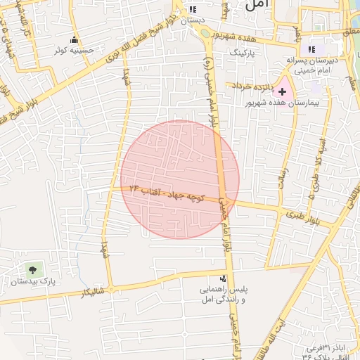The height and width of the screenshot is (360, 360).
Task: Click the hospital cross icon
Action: (x=283, y=91)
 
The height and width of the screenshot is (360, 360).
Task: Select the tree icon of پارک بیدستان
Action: (x=32, y=269)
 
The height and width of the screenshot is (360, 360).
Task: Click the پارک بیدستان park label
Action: (x=33, y=282)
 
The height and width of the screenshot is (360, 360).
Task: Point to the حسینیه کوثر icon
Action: (x=75, y=39)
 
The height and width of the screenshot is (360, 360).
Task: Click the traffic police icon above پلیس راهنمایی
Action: (x=224, y=278)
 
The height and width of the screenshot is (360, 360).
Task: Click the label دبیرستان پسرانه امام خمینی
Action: (x=314, y=65)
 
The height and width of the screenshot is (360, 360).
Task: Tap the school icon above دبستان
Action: (x=192, y=10)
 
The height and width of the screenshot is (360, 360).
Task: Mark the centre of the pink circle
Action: (x=180, y=179)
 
